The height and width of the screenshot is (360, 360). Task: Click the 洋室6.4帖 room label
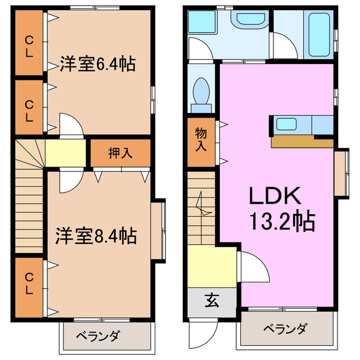97,64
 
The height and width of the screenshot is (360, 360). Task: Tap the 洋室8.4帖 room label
96,236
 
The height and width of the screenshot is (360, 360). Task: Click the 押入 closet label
120,153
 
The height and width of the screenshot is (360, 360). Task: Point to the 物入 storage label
201,139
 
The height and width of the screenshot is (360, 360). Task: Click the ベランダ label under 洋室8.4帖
97,336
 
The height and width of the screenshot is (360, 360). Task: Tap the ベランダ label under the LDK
284,328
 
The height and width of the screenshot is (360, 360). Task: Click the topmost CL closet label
28,43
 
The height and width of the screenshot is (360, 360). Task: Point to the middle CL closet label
28,110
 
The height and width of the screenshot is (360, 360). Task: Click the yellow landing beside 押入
65,153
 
